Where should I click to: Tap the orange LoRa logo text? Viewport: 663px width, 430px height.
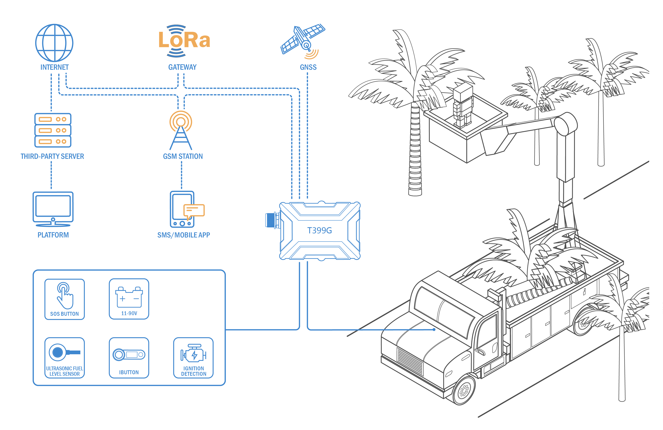tap(184, 40)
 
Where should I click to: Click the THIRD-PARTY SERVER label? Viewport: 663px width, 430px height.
tap(52, 156)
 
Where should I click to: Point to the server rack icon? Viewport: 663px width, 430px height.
tap(53, 130)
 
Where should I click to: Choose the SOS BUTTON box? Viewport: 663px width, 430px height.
tap(65, 299)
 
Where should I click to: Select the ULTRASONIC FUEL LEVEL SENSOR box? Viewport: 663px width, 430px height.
tap(65, 358)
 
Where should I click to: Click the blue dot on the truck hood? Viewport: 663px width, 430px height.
tap(434, 329)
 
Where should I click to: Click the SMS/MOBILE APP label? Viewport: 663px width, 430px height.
tap(184, 235)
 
